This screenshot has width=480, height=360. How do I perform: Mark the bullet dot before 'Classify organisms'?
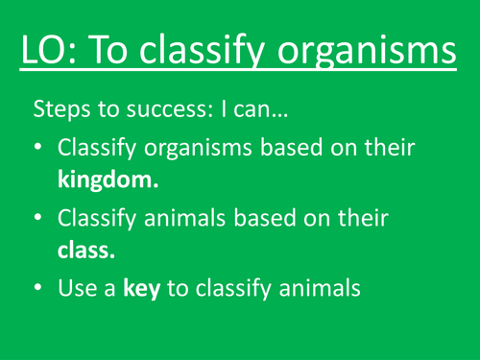coord(38,151)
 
